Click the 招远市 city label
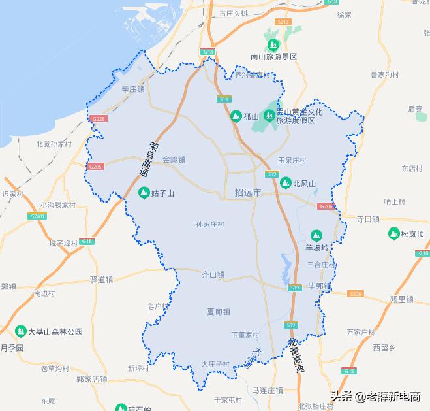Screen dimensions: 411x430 247,193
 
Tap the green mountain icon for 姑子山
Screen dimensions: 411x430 144,193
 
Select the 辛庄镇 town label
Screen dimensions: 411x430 132,89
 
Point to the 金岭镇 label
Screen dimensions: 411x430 174,159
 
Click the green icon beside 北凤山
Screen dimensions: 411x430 285,184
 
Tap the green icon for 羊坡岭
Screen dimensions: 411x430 316,235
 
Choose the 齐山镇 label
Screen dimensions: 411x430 213,274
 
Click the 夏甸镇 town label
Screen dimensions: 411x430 218,312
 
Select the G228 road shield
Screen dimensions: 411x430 99,119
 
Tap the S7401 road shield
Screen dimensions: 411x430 38,216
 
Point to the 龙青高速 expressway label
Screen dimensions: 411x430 296,356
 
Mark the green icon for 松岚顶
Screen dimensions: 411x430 393,233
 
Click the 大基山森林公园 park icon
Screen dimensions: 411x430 20,331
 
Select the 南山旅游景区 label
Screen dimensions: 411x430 273,56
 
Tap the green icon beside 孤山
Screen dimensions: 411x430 236,116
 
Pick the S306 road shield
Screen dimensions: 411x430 355,294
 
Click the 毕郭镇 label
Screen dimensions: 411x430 320,286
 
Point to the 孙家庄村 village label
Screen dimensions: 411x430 210,224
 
